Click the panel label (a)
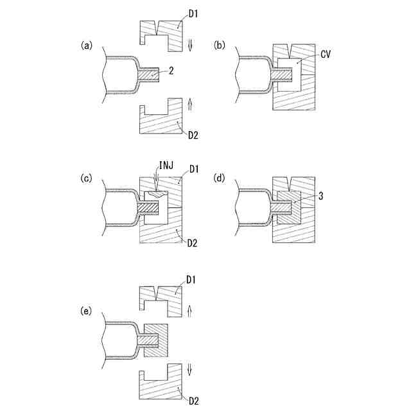coord(86,46)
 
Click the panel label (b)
coord(220,46)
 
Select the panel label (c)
coord(86,179)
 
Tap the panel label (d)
coord(220,179)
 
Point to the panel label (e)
coord(86,311)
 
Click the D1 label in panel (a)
coord(193,13)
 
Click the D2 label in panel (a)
coord(193,136)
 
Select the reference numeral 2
coord(171,71)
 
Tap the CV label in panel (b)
coord(326,54)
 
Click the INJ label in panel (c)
coord(166,166)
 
